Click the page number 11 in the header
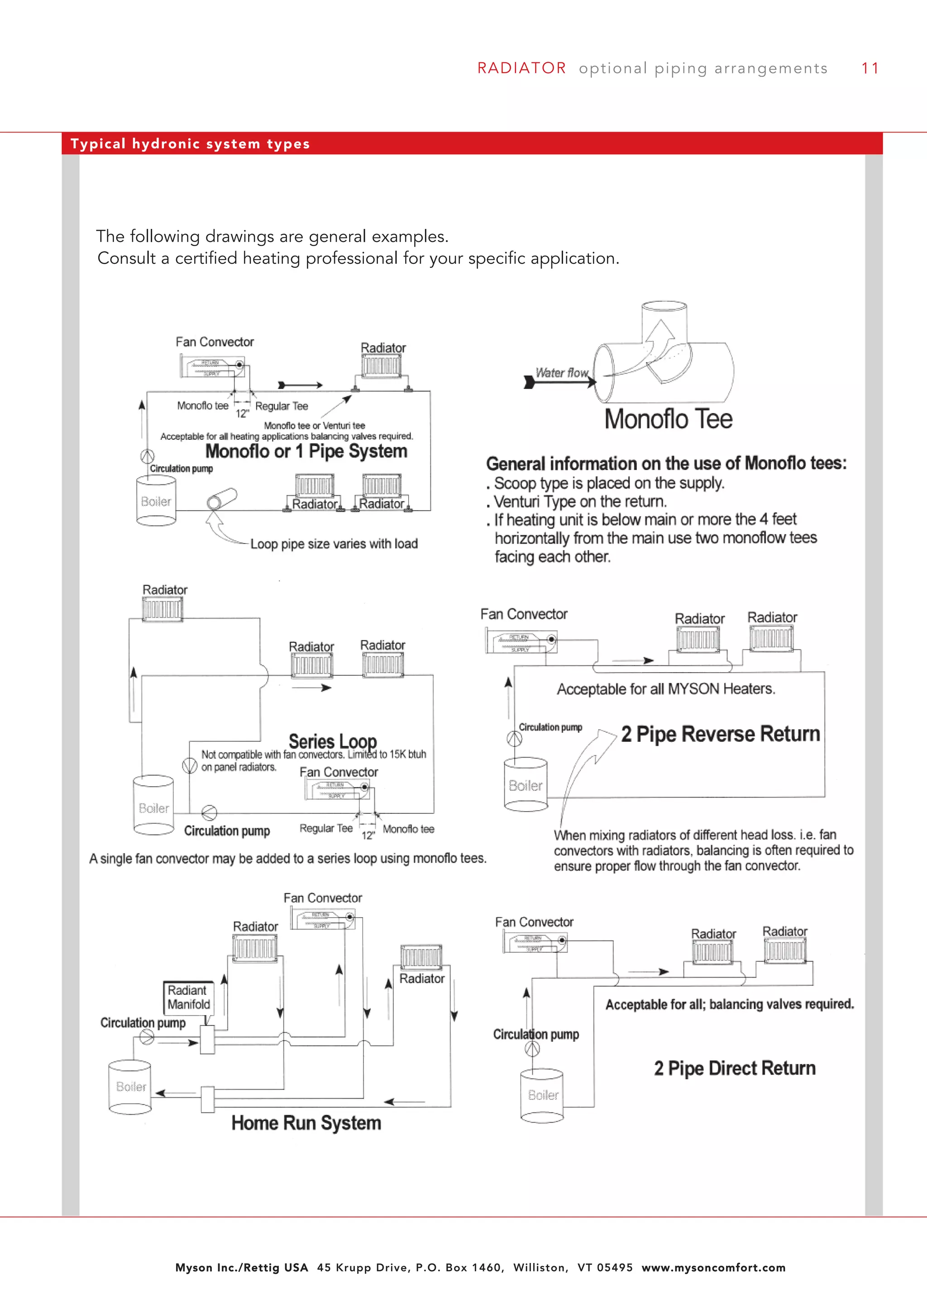pos(870,68)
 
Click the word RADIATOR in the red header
pos(521,68)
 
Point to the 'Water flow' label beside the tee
pos(562,373)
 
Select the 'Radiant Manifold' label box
pos(188,997)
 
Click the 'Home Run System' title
pos(306,1123)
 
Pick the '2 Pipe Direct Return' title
pos(735,1068)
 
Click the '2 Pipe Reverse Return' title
pos(720,734)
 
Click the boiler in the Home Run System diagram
pos(130,1087)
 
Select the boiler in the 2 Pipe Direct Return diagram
pos(542,1095)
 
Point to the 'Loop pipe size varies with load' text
pos(334,544)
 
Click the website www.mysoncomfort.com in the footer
pos(713,1268)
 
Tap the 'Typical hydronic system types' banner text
pos(190,144)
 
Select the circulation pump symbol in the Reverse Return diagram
pos(514,739)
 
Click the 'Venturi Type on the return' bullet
pos(579,502)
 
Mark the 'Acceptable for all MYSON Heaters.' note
pos(665,689)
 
